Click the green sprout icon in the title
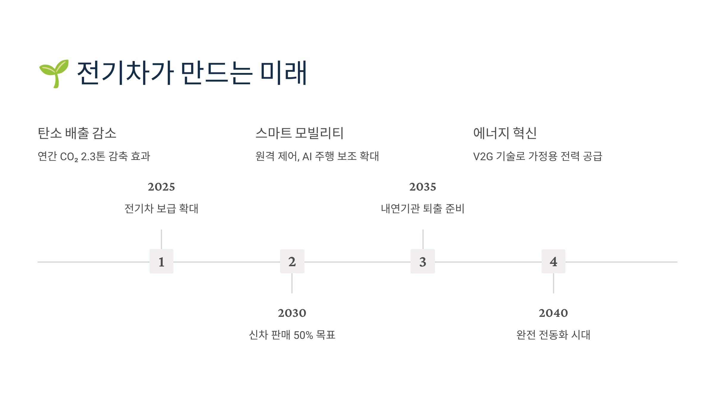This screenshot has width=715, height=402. click(54, 73)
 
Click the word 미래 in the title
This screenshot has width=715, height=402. click(283, 73)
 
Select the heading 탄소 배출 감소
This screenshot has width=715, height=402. click(77, 133)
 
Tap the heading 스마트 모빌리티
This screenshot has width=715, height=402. click(299, 133)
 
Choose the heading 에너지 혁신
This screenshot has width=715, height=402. click(505, 133)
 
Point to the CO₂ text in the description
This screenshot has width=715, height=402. click(69, 157)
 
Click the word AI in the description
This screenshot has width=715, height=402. click(307, 157)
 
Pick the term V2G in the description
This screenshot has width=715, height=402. click(483, 157)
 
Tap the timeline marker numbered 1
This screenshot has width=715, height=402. click(161, 261)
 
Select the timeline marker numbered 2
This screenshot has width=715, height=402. click(292, 261)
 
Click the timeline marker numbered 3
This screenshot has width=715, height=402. click(423, 261)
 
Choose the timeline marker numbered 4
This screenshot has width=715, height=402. click(553, 261)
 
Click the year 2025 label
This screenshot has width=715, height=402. click(161, 187)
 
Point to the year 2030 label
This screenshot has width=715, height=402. click(292, 313)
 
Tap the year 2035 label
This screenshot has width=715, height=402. click(423, 187)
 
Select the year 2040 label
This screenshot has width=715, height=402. click(553, 313)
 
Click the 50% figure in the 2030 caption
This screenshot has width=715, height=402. click(303, 335)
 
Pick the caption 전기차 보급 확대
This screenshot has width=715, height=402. click(161, 208)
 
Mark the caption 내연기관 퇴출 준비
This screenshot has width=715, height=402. click(423, 208)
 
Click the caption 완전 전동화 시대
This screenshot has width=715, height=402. click(553, 335)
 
